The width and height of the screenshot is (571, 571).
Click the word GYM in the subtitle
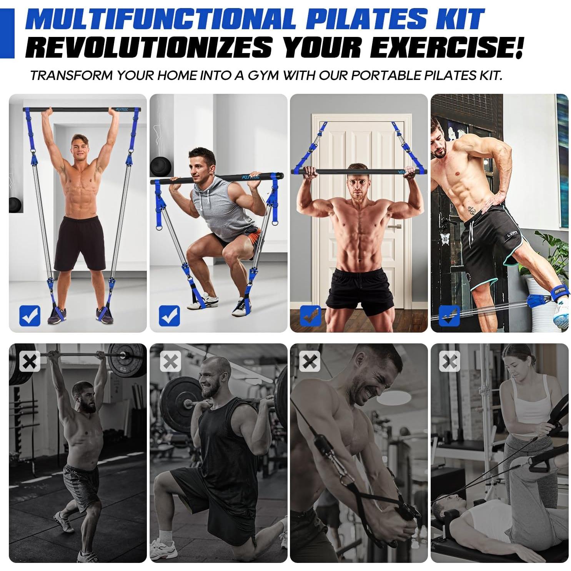(263, 75)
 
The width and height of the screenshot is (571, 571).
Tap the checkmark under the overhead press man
(30, 316)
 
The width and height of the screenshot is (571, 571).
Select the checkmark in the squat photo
(169, 316)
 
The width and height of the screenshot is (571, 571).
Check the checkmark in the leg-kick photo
(449, 316)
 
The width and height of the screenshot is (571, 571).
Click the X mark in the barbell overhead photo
(30, 361)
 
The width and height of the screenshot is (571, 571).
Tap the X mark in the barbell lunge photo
(170, 361)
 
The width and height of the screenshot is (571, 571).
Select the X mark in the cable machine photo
(310, 361)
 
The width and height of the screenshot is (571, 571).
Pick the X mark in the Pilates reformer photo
(449, 361)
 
